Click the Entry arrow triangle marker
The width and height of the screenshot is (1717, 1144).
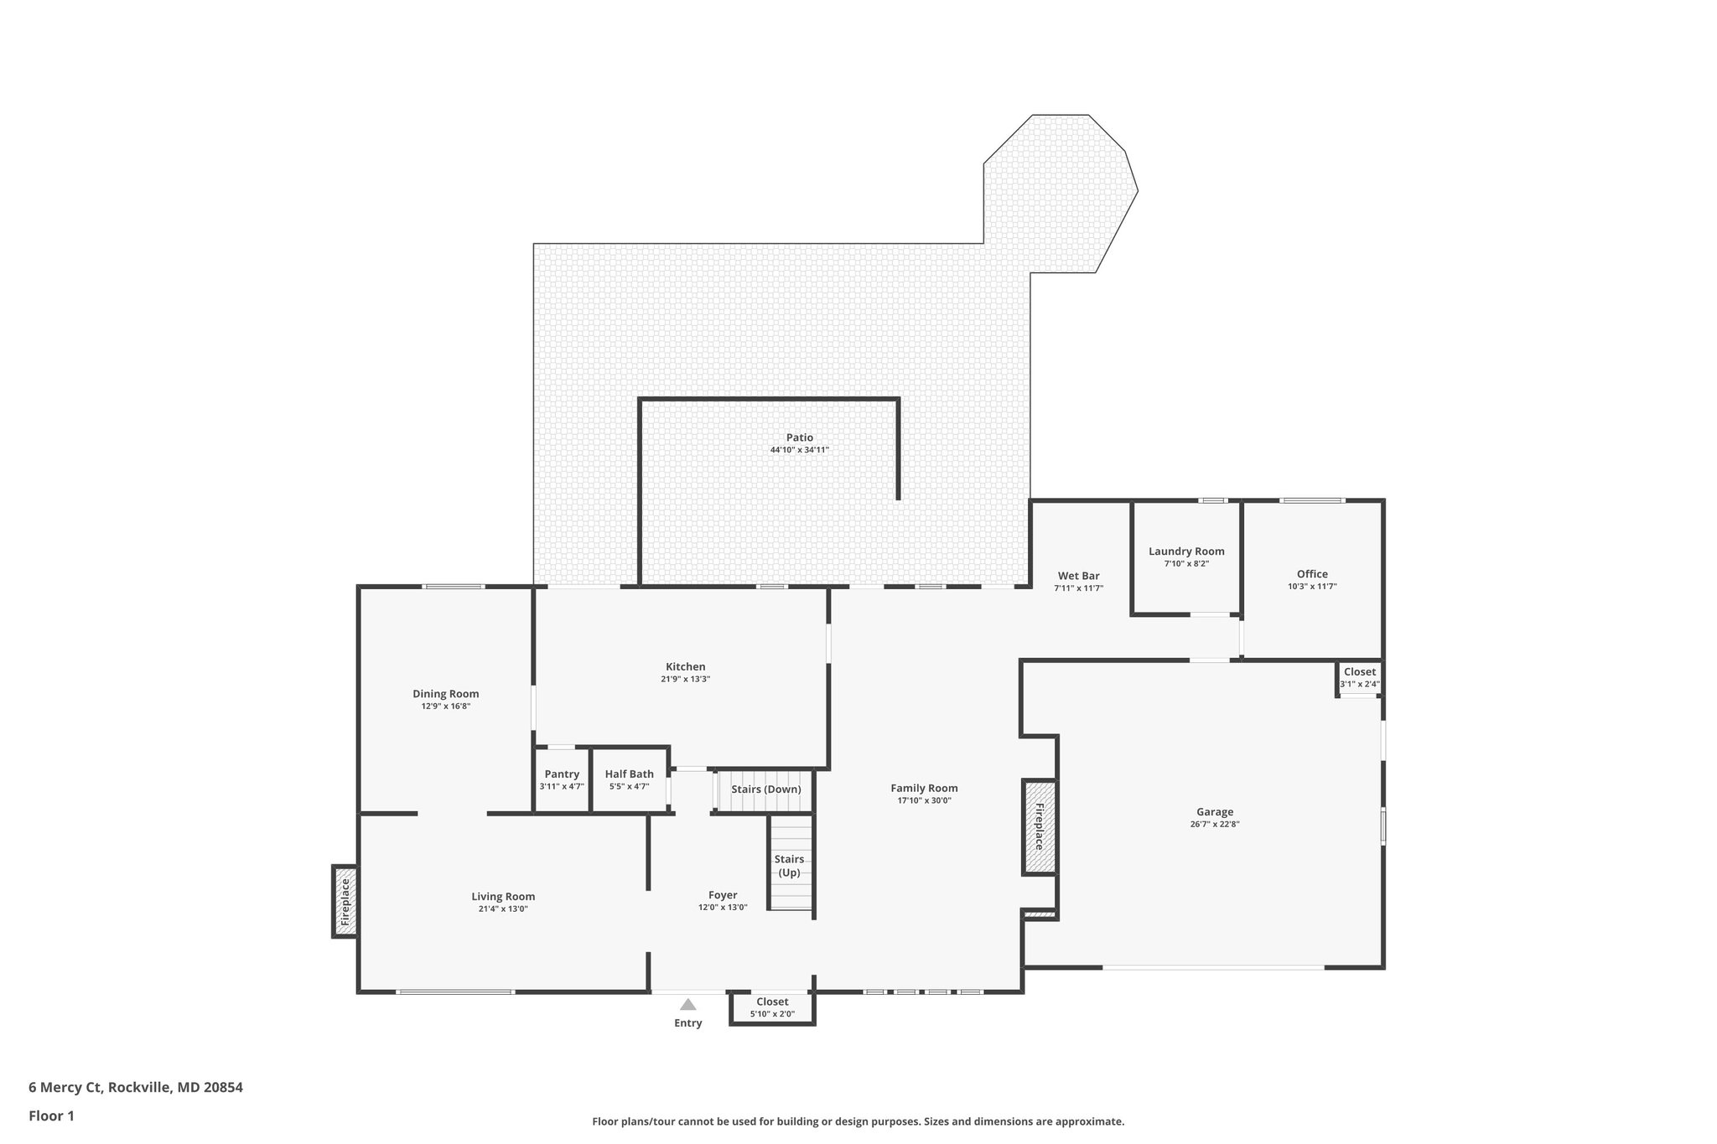pyautogui.click(x=687, y=1004)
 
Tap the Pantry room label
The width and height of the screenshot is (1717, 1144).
pyautogui.click(x=562, y=774)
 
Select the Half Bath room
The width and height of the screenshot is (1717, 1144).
pyautogui.click(x=629, y=780)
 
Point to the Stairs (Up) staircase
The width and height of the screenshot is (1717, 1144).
pyautogui.click(x=791, y=865)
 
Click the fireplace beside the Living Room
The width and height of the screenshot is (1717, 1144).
pyautogui.click(x=345, y=901)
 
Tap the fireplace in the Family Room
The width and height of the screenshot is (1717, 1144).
pyautogui.click(x=1039, y=826)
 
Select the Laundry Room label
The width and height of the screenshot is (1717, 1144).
pyautogui.click(x=1186, y=551)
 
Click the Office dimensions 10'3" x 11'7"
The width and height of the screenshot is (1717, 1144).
pyautogui.click(x=1312, y=587)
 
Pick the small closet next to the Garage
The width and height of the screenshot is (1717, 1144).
pyautogui.click(x=1359, y=677)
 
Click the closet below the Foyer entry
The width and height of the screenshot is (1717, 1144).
pyautogui.click(x=772, y=1007)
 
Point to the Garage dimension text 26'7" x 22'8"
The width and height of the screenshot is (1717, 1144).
pyautogui.click(x=1215, y=824)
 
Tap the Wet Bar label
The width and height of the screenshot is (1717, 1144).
pyautogui.click(x=1078, y=576)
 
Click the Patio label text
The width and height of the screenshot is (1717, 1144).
pyautogui.click(x=799, y=437)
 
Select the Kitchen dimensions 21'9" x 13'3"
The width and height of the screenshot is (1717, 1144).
pyautogui.click(x=685, y=680)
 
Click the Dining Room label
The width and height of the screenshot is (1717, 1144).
pyautogui.click(x=445, y=694)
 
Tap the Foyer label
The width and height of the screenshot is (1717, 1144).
pyautogui.click(x=723, y=895)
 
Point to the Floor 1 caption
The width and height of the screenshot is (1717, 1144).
pyautogui.click(x=52, y=1116)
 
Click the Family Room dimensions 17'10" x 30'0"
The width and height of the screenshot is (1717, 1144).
pyautogui.click(x=924, y=800)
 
